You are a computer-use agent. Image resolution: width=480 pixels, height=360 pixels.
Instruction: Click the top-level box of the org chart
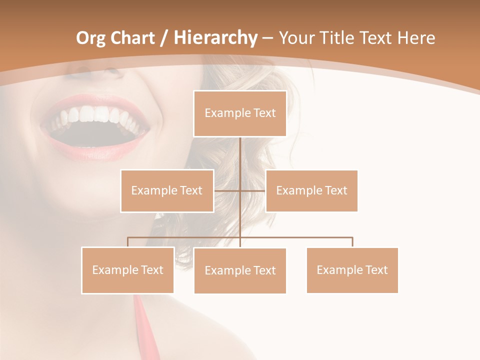(240, 113)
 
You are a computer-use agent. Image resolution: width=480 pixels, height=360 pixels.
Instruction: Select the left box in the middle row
(167, 190)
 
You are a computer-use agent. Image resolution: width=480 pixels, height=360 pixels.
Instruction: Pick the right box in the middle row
(311, 190)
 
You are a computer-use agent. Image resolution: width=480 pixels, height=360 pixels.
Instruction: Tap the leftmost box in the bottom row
(127, 270)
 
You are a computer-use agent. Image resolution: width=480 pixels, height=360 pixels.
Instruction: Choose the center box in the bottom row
(240, 270)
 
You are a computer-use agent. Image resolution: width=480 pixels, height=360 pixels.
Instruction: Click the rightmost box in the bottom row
(352, 270)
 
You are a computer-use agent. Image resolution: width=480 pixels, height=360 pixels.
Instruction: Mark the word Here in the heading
(416, 38)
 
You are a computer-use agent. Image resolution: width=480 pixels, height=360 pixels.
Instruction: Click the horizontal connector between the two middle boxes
(240, 190)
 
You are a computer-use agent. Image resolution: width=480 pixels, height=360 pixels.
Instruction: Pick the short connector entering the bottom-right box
(352, 242)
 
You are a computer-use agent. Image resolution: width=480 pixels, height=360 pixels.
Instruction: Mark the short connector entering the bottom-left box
(127, 242)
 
